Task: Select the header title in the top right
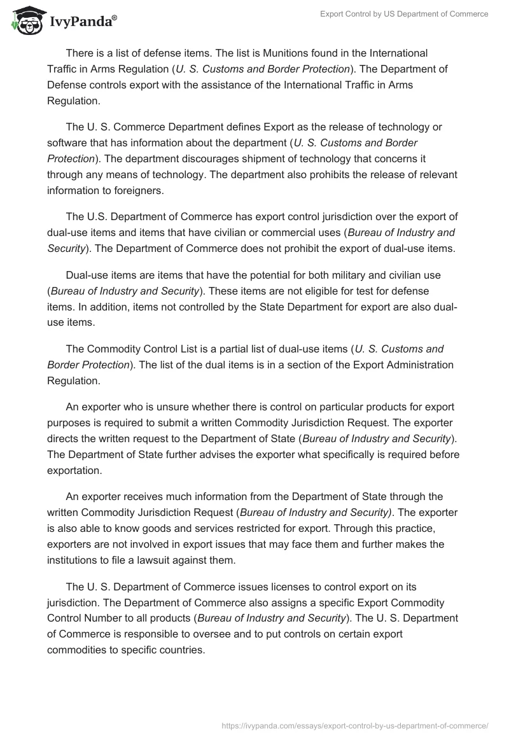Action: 404,14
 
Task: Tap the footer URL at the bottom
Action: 354,725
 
